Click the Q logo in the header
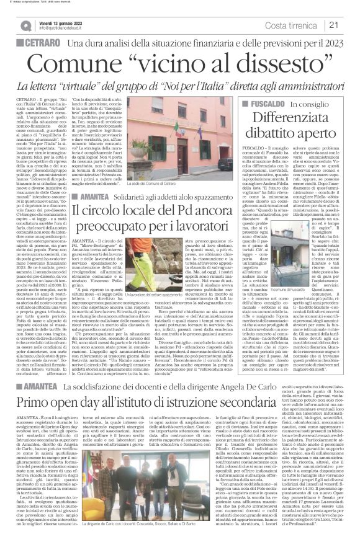pyautogui.click(x=25, y=25)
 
